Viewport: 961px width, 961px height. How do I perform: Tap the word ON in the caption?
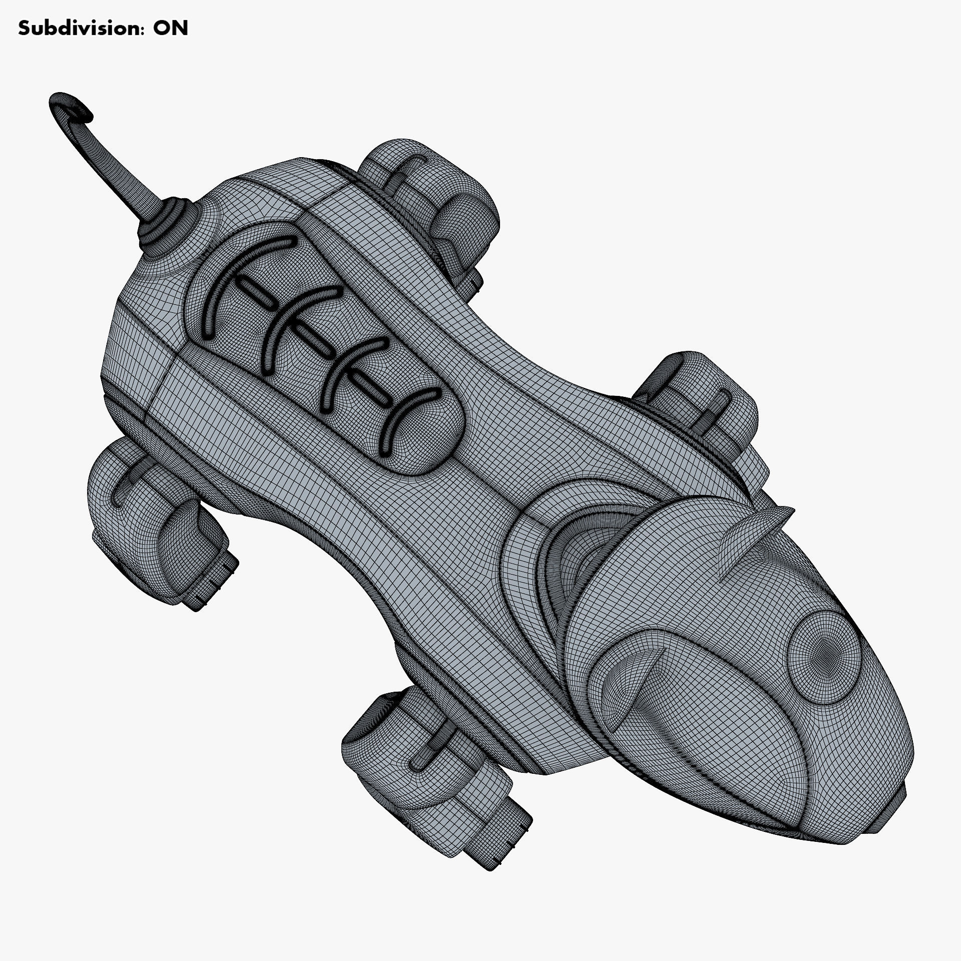(x=170, y=28)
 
